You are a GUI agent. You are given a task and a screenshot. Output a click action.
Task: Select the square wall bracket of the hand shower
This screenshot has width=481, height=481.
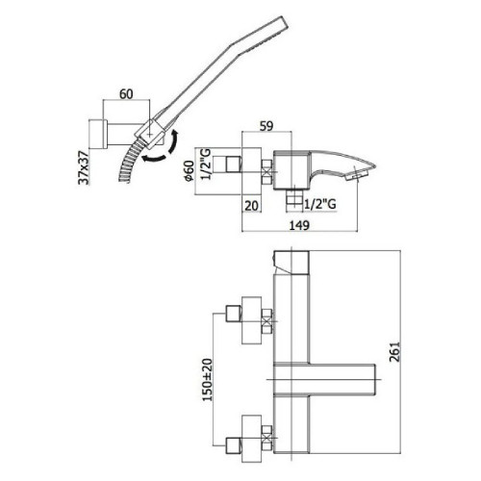[97, 130]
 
